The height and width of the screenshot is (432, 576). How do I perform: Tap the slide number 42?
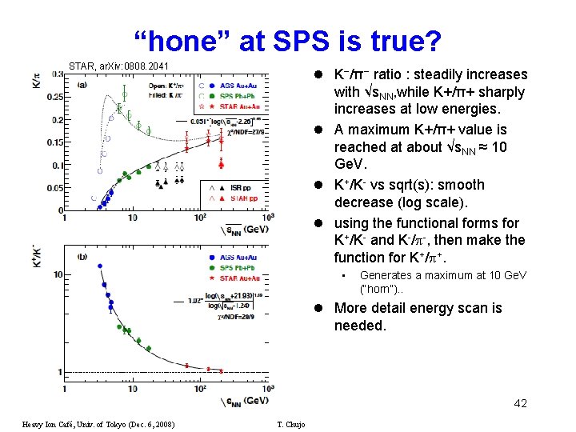(x=520, y=403)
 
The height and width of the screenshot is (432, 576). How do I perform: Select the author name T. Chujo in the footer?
(x=290, y=424)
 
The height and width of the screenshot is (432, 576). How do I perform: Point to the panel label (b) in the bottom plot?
(x=82, y=257)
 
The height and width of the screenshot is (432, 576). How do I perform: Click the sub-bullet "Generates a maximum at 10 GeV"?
(x=443, y=280)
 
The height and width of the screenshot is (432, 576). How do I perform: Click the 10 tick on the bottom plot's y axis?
(x=58, y=274)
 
